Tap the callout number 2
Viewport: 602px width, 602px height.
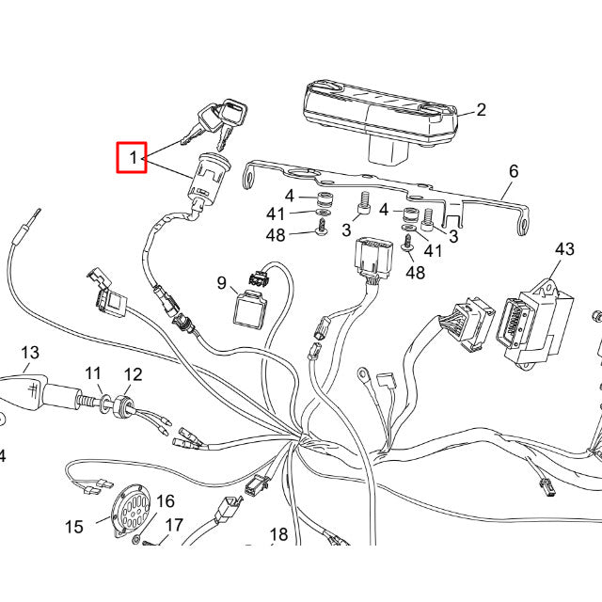tap(481, 110)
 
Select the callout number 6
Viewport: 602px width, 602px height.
tap(514, 171)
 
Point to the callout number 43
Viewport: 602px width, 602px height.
tap(564, 249)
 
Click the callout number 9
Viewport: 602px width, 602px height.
tap(222, 282)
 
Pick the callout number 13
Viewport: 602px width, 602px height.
tap(30, 353)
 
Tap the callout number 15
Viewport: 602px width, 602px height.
tap(74, 526)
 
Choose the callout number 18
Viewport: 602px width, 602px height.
tap(278, 535)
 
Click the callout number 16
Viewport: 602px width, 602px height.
tap(166, 501)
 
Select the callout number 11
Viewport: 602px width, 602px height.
tap(94, 374)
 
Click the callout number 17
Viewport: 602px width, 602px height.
tap(175, 525)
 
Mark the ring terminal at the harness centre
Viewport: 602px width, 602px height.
tap(361, 378)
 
